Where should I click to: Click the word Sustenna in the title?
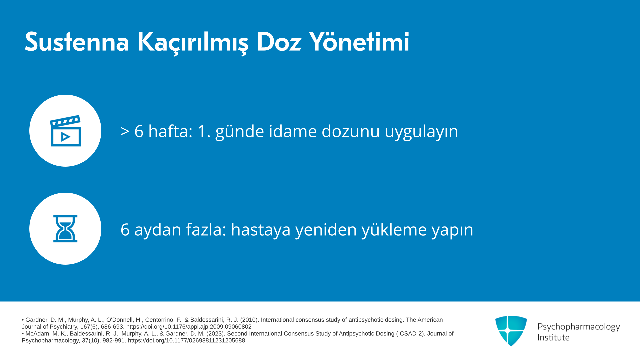point(77,42)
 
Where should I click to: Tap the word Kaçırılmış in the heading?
point(193,43)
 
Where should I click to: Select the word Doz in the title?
point(279,42)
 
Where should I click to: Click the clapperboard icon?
point(65,131)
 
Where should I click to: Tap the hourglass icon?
point(65,229)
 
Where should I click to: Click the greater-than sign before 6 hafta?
point(125,131)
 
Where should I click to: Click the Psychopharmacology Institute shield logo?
point(511,331)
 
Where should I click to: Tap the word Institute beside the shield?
point(553,337)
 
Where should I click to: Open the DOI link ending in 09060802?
point(189,327)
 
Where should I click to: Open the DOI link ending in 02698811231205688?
point(186,340)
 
